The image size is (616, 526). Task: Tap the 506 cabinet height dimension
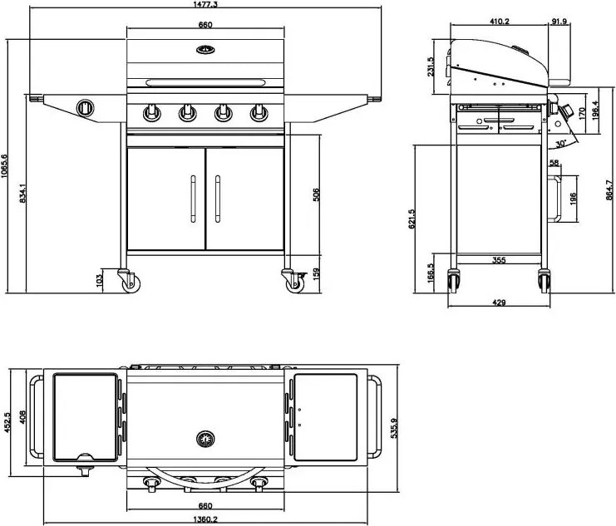pos(316,196)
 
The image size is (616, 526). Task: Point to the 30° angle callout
pos(562,144)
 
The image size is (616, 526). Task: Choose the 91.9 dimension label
pos(559,22)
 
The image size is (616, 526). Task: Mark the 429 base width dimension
pos(499,303)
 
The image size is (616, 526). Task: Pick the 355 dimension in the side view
pos(498,261)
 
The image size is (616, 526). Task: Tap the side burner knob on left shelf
pos(86,107)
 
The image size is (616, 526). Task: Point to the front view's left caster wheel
pos(128,281)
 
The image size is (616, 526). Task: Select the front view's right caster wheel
pos(294,282)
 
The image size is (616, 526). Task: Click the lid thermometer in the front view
pos(205,50)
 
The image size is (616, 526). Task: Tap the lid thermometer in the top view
pos(205,438)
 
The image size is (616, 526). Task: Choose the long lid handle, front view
pos(205,81)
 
